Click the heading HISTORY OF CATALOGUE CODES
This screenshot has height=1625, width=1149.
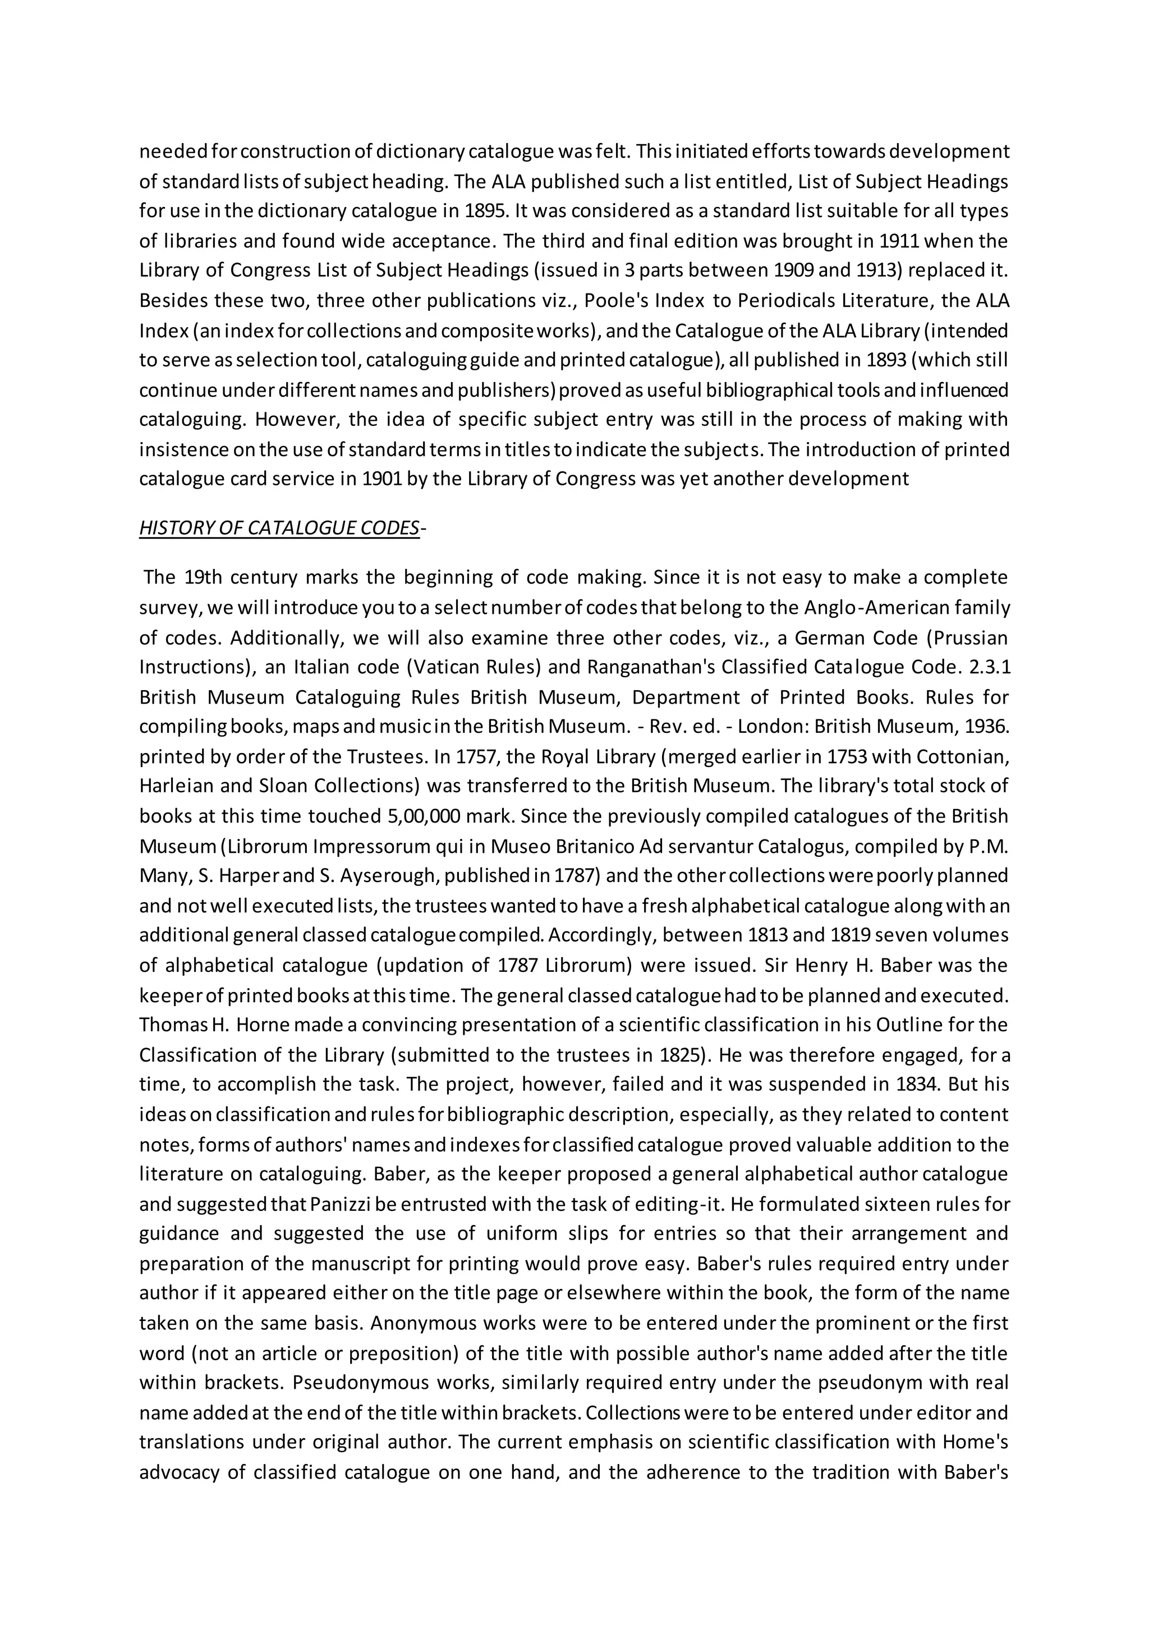(279, 529)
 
